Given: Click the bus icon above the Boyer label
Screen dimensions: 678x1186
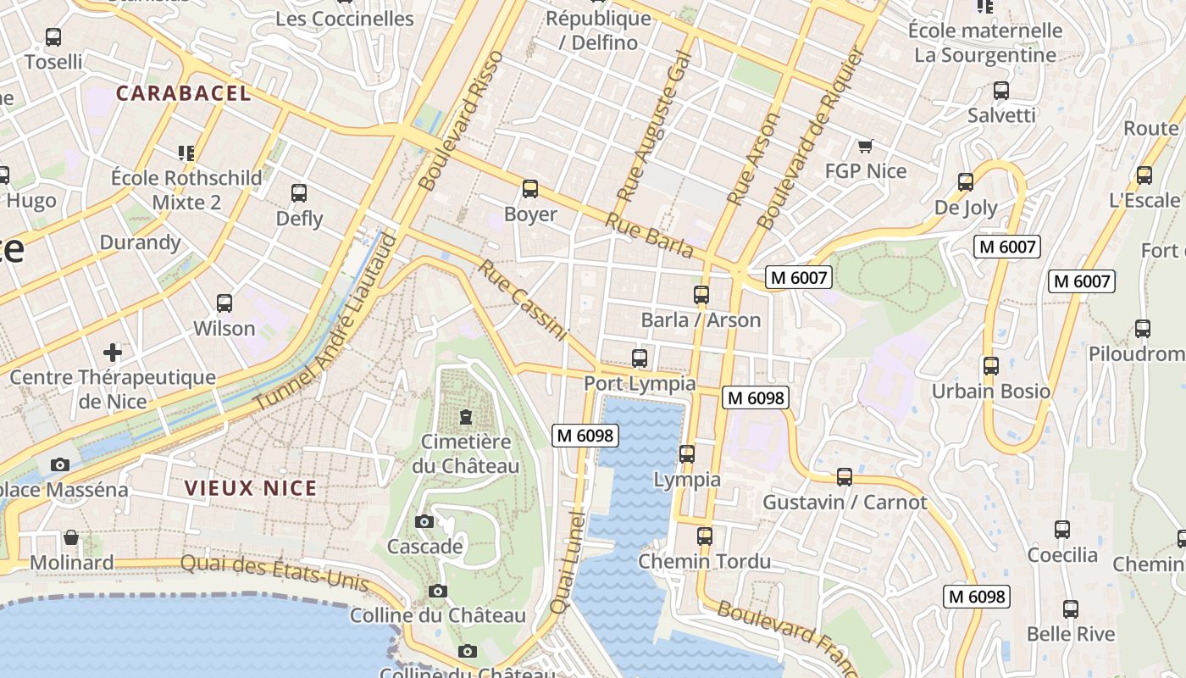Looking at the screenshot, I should point(530,188).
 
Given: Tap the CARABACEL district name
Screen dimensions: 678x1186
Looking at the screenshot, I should point(184,93).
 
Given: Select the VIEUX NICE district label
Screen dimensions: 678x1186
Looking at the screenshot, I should point(251,488).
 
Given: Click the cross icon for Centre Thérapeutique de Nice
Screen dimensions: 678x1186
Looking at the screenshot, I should point(112,352).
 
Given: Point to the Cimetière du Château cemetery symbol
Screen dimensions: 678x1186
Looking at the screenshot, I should point(465,417).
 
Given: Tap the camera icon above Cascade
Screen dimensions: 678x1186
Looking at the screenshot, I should point(424,521).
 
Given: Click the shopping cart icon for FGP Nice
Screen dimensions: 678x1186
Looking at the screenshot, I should point(865,147).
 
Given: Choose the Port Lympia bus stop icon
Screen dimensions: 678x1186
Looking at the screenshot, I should point(640,358).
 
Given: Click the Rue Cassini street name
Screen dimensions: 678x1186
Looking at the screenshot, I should point(522,301).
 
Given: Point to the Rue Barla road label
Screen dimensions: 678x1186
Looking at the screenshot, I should point(649,236).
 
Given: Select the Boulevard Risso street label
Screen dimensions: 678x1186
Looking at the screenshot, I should point(462,120).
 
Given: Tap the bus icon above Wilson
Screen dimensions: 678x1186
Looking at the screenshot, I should point(224,303).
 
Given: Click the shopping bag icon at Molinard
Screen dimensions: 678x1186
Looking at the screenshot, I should point(71,537).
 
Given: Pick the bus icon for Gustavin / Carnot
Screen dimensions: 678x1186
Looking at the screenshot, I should point(844,477).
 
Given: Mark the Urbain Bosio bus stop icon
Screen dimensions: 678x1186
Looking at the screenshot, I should point(990,366).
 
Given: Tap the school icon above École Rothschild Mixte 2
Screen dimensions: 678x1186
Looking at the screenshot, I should point(186,153).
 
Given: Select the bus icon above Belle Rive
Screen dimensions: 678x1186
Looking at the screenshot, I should point(1070,609).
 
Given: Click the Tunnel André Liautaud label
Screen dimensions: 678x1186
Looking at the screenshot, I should point(326,319).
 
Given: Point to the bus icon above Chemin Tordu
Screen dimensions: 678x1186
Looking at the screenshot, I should point(704,536).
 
